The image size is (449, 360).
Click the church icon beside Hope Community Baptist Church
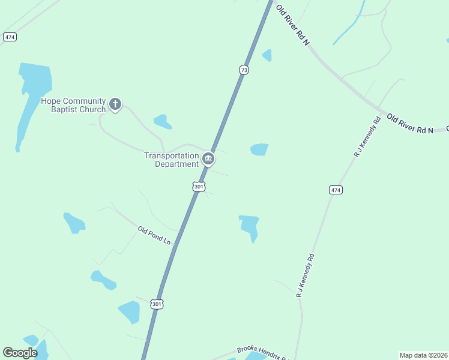click(x=116, y=104)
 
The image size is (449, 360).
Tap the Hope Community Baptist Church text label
click(x=73, y=105)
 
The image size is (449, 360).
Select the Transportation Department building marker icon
click(x=208, y=158)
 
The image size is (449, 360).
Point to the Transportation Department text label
click(x=171, y=160)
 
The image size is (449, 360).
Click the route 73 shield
click(x=243, y=70)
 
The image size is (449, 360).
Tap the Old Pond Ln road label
click(x=154, y=235)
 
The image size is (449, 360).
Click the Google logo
click(x=20, y=353)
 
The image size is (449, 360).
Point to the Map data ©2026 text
click(x=423, y=355)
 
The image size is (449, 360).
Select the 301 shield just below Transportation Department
click(x=199, y=187)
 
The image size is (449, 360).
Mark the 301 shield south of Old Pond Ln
click(x=157, y=304)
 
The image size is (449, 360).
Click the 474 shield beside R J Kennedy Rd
click(x=336, y=190)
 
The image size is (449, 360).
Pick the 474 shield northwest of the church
click(x=10, y=37)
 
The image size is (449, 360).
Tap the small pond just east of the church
click(x=162, y=122)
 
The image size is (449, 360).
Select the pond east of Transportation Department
click(x=259, y=149)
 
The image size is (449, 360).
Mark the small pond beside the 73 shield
click(x=267, y=55)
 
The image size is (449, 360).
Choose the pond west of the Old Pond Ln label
click(x=74, y=223)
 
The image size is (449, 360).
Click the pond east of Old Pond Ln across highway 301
click(x=249, y=227)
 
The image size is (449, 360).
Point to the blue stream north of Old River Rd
click(x=349, y=28)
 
